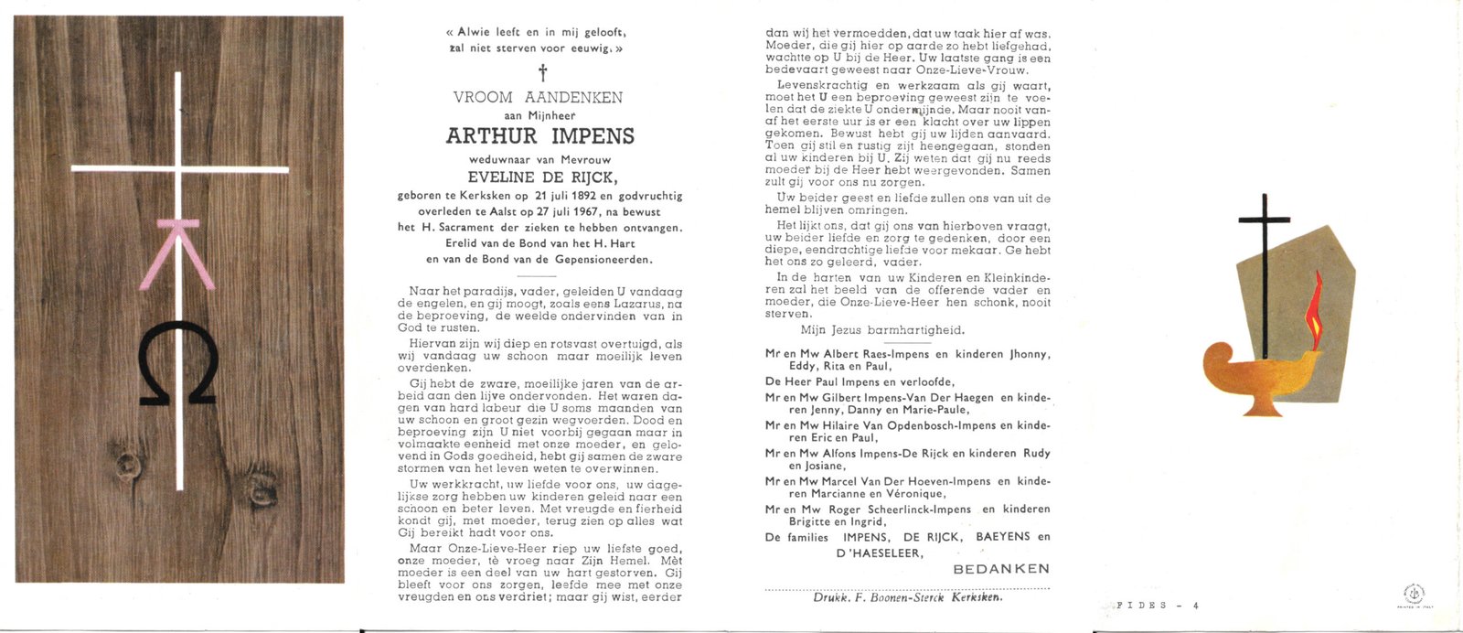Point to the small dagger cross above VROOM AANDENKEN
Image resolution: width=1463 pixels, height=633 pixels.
(x=541, y=72)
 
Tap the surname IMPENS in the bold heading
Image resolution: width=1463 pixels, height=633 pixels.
(x=592, y=136)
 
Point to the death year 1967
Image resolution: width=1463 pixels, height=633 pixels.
(x=570, y=211)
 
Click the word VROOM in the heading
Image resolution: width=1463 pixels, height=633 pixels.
(x=483, y=97)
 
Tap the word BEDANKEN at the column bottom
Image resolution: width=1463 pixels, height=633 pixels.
(x=1001, y=569)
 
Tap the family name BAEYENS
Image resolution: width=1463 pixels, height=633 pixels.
(x=1003, y=537)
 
